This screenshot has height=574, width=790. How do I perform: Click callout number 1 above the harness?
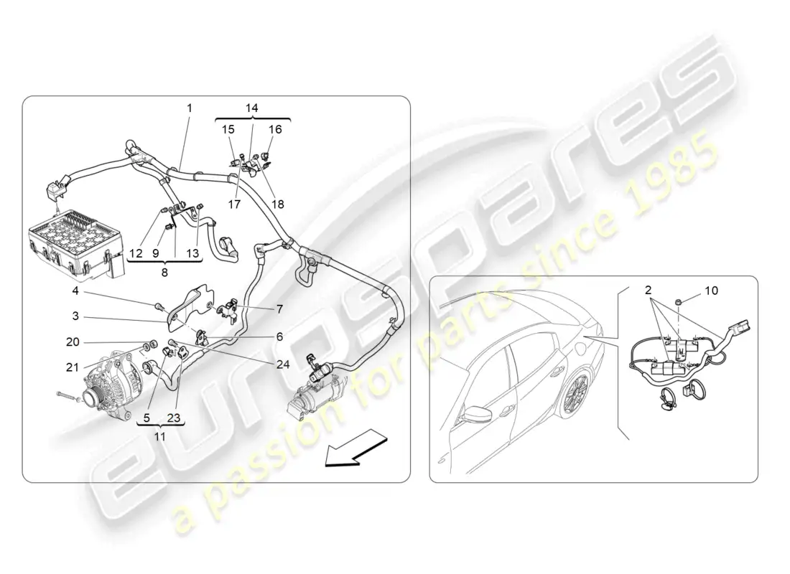tap(190, 108)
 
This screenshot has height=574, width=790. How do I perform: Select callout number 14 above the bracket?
tap(252, 108)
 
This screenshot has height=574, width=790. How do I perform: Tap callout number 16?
tap(275, 129)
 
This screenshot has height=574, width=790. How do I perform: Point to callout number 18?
tap(278, 204)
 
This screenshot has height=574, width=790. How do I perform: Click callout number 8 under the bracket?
tap(164, 273)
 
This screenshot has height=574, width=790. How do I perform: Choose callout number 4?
tap(75, 291)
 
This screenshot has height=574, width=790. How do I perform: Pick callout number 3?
tap(75, 316)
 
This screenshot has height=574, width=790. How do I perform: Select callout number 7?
tap(279, 309)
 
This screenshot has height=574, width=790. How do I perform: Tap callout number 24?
tap(283, 364)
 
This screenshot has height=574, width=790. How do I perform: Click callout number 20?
tap(73, 342)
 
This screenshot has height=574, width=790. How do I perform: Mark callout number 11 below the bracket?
tap(159, 436)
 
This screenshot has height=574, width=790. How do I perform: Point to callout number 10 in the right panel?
tap(712, 291)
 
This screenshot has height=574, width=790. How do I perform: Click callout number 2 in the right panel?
tap(648, 290)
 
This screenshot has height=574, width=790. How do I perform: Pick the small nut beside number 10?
tap(678, 301)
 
